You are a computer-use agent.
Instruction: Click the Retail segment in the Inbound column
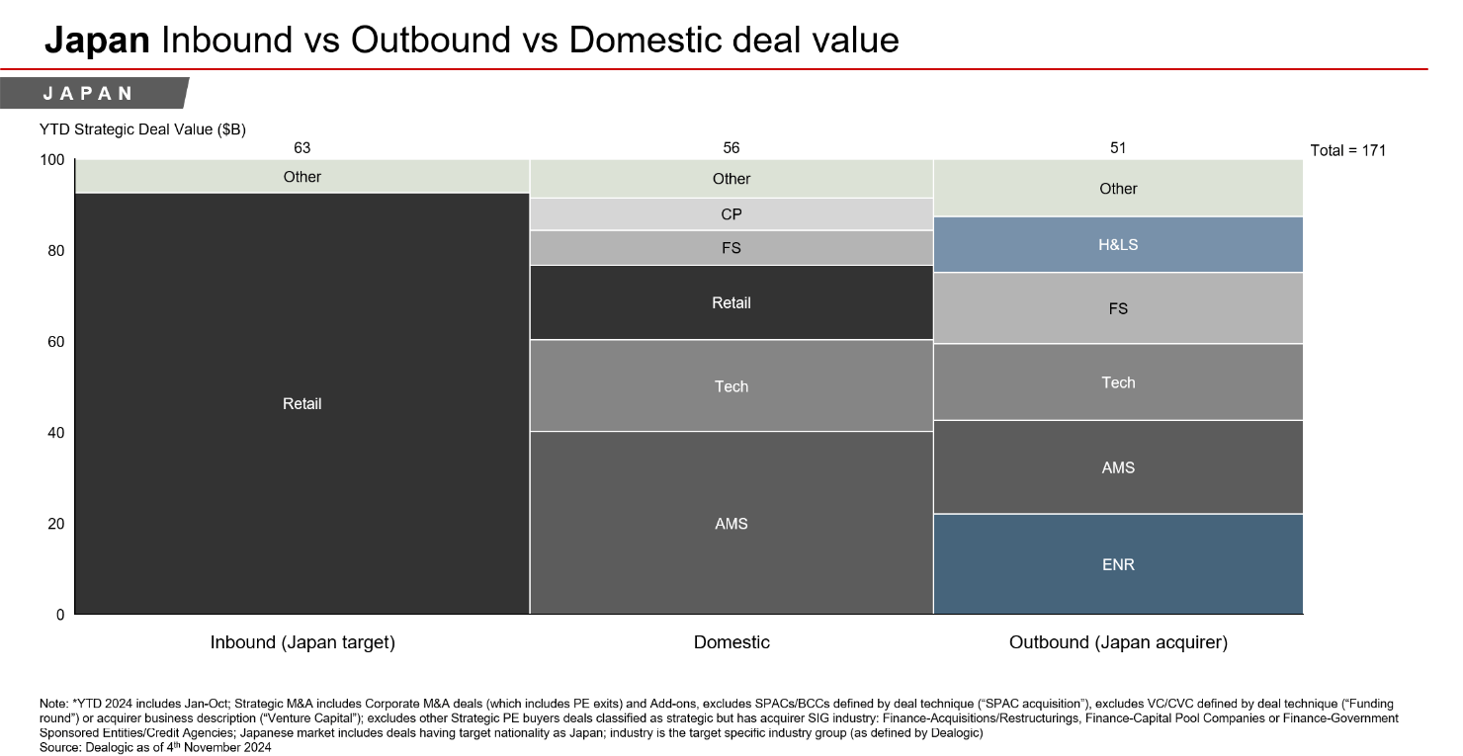click(302, 403)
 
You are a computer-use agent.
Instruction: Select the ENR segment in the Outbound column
click(1118, 564)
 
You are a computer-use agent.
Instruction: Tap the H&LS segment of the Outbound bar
click(1118, 244)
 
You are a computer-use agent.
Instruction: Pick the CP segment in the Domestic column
click(731, 214)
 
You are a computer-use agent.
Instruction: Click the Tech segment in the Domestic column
click(731, 386)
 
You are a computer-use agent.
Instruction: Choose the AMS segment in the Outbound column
click(1118, 467)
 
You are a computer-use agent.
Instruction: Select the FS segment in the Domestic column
click(731, 248)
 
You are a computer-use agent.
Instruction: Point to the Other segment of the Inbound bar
click(302, 177)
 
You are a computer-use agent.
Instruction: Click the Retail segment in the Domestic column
click(731, 303)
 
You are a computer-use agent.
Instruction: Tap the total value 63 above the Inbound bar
click(302, 148)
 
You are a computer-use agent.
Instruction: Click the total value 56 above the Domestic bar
click(731, 148)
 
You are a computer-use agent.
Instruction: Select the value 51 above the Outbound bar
click(1118, 148)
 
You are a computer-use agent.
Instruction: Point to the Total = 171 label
click(1348, 150)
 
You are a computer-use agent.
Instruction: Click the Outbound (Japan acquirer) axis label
click(1118, 642)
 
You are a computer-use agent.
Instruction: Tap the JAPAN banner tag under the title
click(89, 94)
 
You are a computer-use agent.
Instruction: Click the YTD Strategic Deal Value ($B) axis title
click(142, 128)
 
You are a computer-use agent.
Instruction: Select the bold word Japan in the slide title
click(98, 40)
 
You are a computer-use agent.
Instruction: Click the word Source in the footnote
click(58, 748)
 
